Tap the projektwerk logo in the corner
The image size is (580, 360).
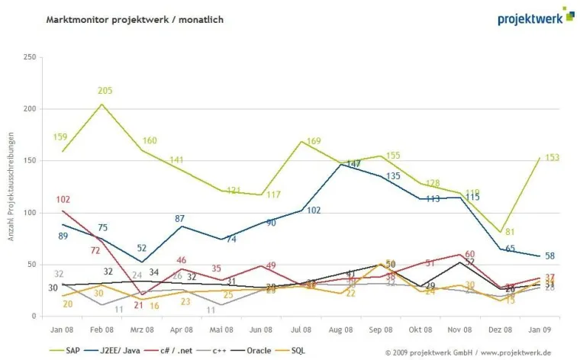534,16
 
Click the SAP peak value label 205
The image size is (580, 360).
105,91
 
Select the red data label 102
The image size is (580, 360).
63,200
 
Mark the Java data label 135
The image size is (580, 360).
393,176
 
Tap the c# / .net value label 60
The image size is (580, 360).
470,254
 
